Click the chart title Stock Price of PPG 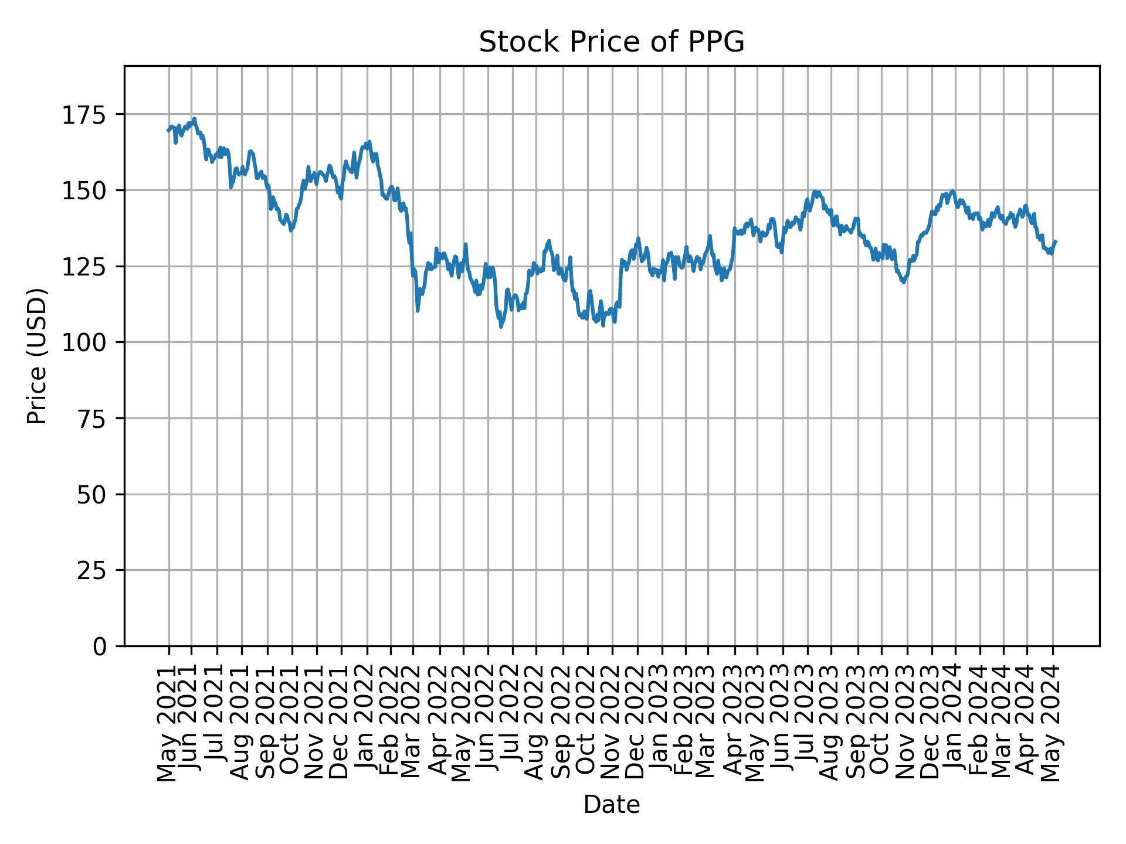(x=611, y=42)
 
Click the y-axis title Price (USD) (x=37, y=356)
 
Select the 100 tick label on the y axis (x=92, y=342)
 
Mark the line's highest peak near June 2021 (x=194, y=118)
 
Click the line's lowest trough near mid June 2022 (x=501, y=327)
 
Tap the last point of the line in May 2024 (x=1056, y=241)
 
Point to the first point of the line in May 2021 (x=167, y=130)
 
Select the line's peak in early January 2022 (x=369, y=141)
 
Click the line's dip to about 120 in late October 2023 (x=904, y=282)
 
